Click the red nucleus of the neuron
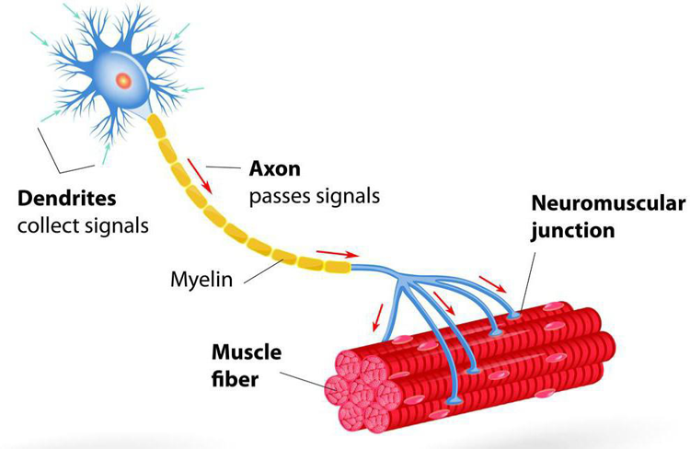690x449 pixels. (x=123, y=81)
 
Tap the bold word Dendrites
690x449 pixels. (x=67, y=199)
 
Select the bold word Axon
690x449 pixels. (x=275, y=168)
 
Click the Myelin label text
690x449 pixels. (x=201, y=280)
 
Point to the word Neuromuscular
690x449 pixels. (x=608, y=203)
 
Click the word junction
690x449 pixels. (x=572, y=231)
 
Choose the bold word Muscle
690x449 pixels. (x=247, y=352)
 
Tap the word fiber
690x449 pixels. (x=235, y=379)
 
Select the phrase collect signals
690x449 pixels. (x=83, y=226)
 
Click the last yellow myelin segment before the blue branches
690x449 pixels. (x=338, y=266)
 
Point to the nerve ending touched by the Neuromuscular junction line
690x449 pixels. (x=513, y=316)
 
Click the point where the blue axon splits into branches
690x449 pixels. (x=401, y=278)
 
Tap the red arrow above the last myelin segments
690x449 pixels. (x=338, y=254)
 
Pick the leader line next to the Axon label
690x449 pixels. (x=224, y=167)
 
